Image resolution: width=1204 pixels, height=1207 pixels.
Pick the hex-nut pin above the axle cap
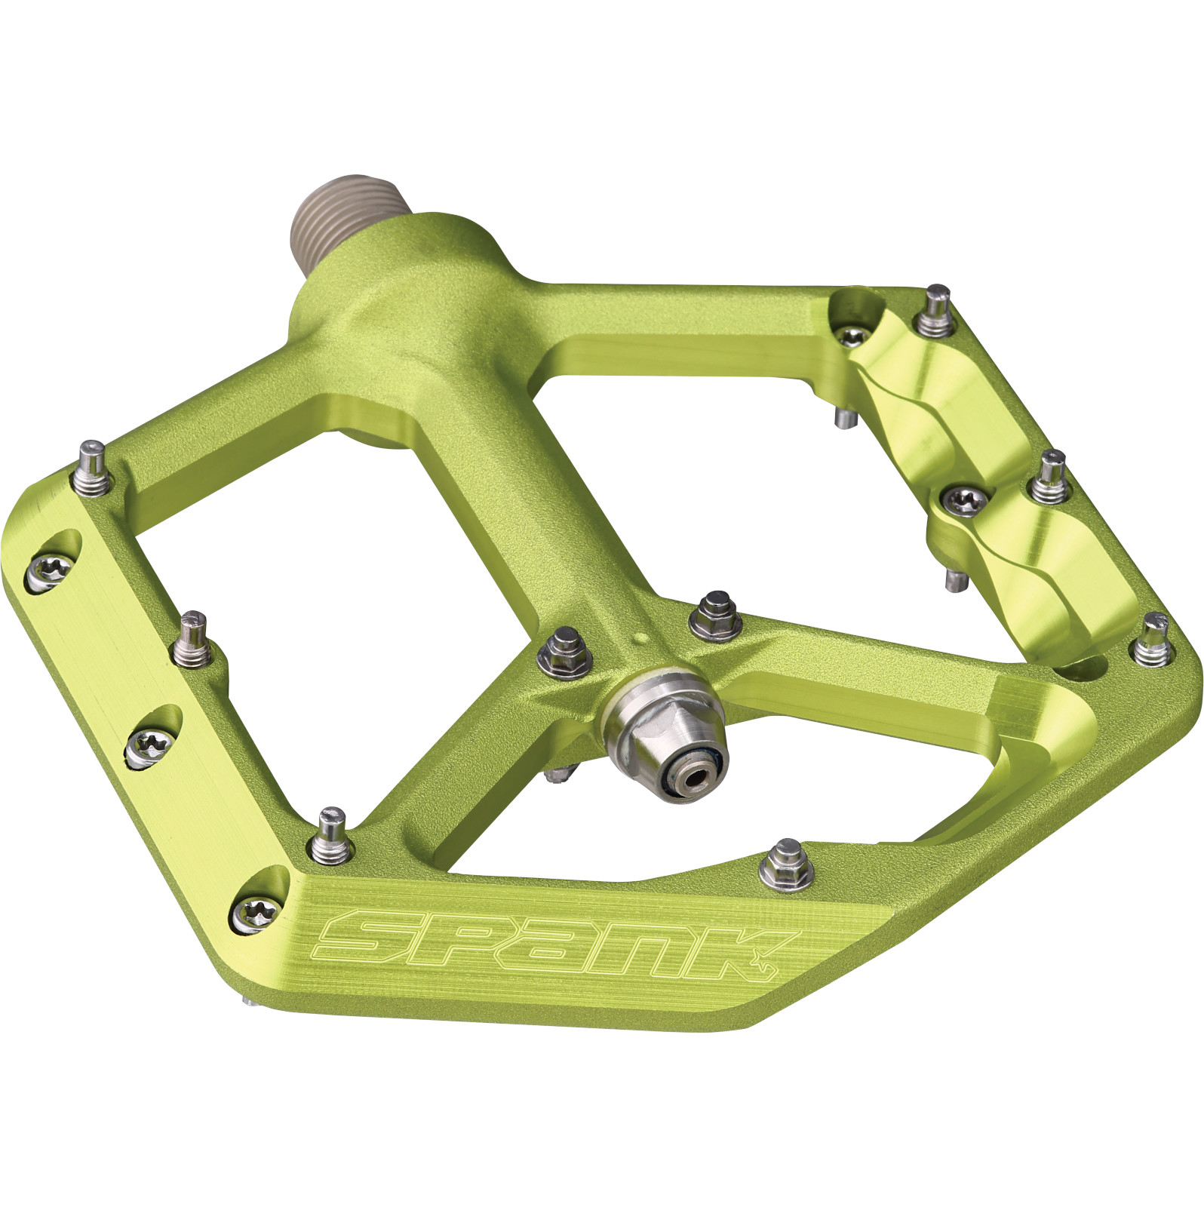click(x=717, y=616)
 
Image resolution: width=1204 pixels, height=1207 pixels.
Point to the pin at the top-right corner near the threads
click(x=936, y=309)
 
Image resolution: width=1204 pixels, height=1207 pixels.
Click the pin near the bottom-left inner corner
click(x=330, y=835)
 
